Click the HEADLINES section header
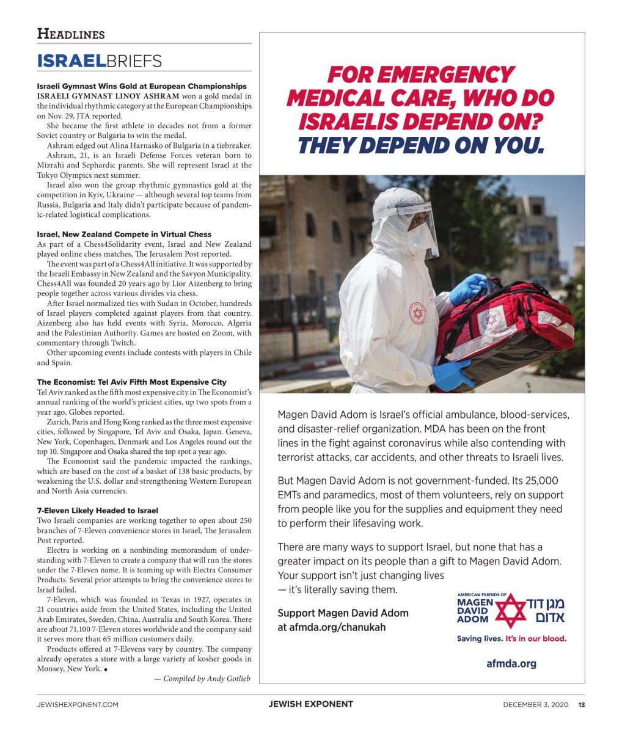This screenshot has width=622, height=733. point(71,34)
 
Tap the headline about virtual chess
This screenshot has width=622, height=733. point(124,234)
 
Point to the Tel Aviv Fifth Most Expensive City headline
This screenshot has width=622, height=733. point(131,382)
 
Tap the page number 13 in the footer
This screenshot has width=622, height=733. point(582,704)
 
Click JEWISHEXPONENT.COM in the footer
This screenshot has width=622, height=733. point(78,704)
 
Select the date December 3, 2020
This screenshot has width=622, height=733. point(535,704)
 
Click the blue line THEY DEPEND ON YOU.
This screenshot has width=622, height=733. point(420,145)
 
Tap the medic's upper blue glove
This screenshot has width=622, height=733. point(468,288)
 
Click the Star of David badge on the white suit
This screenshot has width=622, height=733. point(418,313)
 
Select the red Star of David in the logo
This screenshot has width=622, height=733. point(510,610)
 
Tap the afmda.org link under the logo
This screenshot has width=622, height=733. point(511,663)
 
